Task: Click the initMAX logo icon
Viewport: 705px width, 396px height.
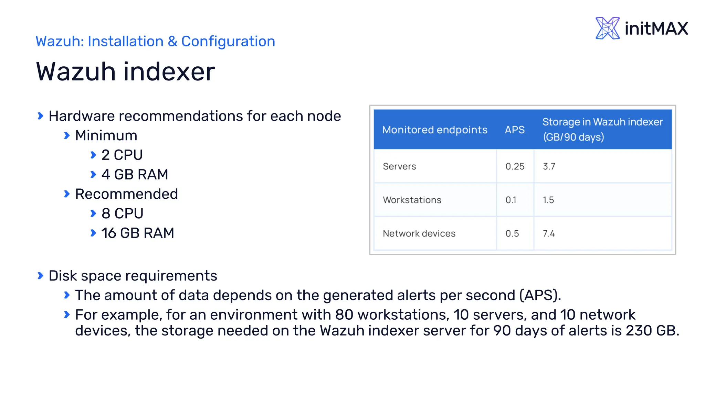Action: (x=607, y=28)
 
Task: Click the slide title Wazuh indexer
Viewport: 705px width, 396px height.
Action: (x=125, y=71)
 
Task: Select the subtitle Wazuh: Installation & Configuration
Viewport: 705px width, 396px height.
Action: (x=155, y=41)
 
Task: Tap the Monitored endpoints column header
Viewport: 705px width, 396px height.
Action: (x=435, y=130)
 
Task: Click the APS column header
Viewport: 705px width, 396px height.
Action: (x=515, y=130)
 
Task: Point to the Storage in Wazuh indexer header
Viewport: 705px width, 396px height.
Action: (x=602, y=129)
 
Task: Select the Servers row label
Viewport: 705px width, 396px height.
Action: (x=399, y=166)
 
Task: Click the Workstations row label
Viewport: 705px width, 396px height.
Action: (x=412, y=200)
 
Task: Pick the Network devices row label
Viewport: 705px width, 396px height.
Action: (x=419, y=234)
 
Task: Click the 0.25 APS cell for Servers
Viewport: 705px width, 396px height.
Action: (x=515, y=166)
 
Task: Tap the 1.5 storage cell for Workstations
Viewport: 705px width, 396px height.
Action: (x=548, y=200)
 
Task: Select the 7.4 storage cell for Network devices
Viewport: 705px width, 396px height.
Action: (x=549, y=234)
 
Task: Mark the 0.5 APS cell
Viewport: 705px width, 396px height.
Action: (x=512, y=234)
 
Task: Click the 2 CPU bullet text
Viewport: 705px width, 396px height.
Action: (x=122, y=155)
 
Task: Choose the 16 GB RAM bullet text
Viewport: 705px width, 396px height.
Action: (x=138, y=233)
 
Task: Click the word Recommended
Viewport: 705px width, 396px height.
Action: (x=126, y=194)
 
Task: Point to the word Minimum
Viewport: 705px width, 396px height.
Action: (x=106, y=136)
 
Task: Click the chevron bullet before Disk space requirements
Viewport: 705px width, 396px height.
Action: (x=40, y=276)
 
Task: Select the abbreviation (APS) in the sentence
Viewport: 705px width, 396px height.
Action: (x=539, y=295)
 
